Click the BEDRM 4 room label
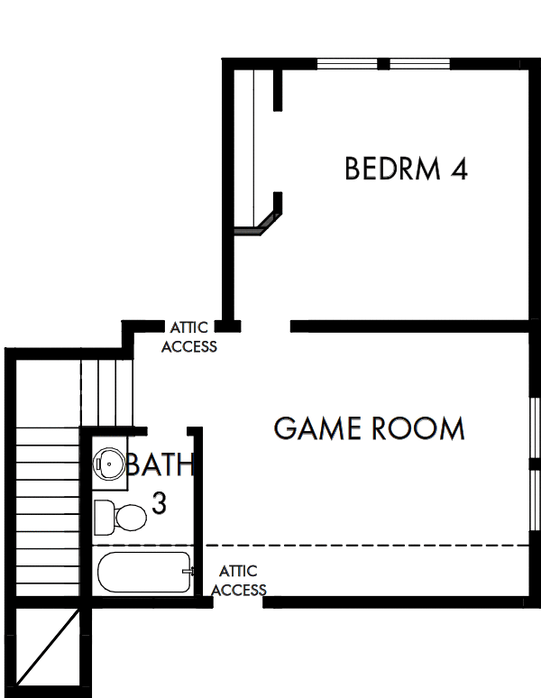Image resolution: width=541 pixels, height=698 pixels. point(406,169)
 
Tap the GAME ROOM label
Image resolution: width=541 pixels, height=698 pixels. point(369,428)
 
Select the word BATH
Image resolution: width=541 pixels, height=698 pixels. point(160,466)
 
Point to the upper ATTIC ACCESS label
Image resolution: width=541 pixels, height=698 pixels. point(189,339)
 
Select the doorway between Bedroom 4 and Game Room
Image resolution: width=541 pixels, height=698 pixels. point(265,326)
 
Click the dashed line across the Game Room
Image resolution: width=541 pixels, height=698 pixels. point(361,546)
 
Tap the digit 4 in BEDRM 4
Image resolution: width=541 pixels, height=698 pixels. point(457,169)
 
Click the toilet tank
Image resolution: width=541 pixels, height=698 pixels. point(102,517)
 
